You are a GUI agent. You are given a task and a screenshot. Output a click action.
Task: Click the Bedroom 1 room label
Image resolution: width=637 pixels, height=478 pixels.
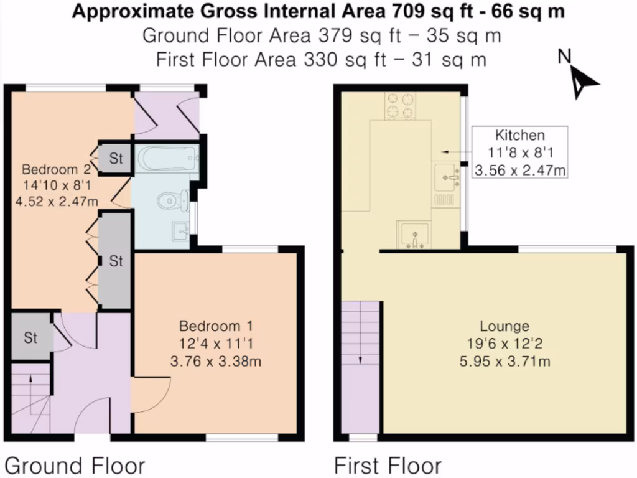pos(216,326)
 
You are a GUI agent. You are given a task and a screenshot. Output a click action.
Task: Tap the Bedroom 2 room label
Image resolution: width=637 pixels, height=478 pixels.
pos(56,169)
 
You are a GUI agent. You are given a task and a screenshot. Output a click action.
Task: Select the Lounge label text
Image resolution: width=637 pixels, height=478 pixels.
pos(504,326)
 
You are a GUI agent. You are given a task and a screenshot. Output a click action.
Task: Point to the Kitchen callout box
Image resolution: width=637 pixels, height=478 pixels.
pos(519,152)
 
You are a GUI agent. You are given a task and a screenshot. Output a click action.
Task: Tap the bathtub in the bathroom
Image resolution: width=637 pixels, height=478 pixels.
pos(168,159)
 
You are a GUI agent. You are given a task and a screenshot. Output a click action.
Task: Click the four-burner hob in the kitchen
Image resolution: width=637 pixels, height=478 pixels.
pos(400,106)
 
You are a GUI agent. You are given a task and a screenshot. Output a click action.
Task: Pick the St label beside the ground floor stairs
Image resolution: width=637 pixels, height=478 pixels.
pos(30,337)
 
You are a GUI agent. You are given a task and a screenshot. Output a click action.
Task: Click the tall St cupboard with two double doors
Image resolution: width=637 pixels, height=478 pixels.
pos(116,261)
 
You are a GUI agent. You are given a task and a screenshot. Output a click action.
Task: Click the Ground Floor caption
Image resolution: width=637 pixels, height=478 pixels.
pos(75,466)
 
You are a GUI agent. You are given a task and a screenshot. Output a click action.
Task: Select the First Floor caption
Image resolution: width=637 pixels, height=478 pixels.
pos(388,466)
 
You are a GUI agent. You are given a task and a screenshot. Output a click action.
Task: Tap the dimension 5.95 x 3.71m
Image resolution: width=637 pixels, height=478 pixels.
pos(504,361)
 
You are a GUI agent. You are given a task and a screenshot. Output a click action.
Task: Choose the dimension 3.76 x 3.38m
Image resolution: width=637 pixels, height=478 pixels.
pos(216,361)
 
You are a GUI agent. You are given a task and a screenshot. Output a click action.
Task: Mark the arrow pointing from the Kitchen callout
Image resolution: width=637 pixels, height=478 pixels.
pos(457,152)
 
